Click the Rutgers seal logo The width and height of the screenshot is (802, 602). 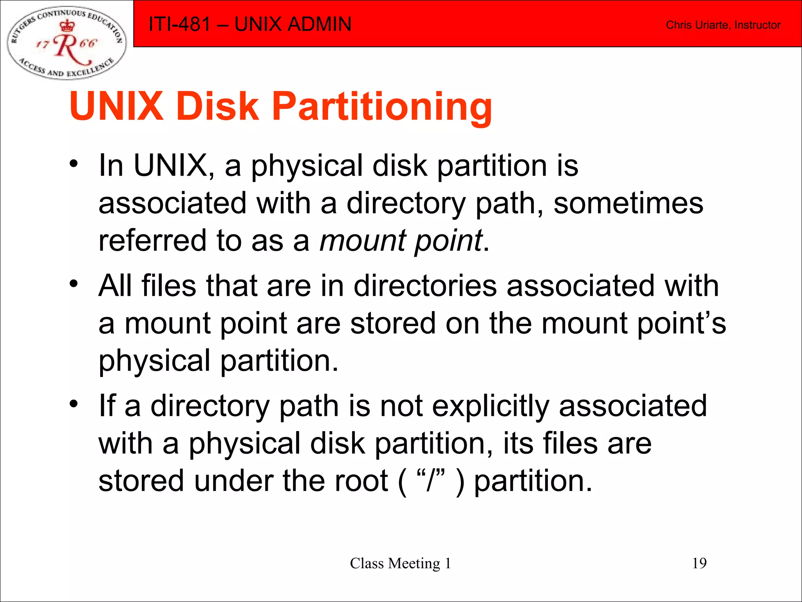pos(67,42)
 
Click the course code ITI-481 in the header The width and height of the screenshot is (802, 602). pos(180,24)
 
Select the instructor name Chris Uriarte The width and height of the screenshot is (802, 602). pos(697,25)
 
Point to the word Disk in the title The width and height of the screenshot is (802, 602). pos(217,106)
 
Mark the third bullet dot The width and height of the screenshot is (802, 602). pos(74,403)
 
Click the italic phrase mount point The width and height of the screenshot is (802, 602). pos(401,240)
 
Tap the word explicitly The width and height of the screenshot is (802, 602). pos(490,406)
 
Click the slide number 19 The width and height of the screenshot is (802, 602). pos(699,563)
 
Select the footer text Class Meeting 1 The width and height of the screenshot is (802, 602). pos(400,563)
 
